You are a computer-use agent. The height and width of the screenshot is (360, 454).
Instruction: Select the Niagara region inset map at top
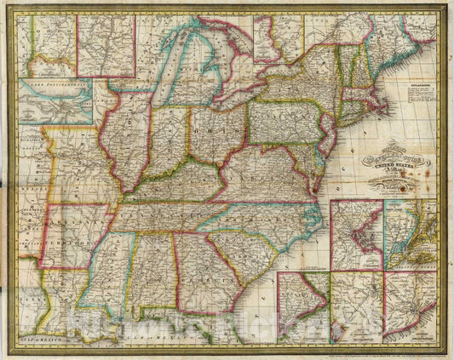(x=106, y=44)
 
